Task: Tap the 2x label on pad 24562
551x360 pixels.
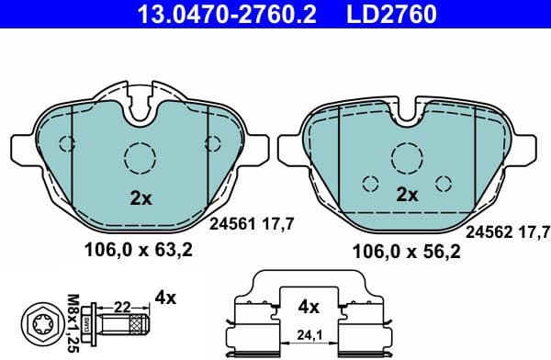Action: click(x=406, y=195)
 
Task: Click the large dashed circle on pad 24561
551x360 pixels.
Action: click(x=141, y=159)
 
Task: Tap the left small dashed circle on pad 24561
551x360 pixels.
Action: click(x=66, y=143)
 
